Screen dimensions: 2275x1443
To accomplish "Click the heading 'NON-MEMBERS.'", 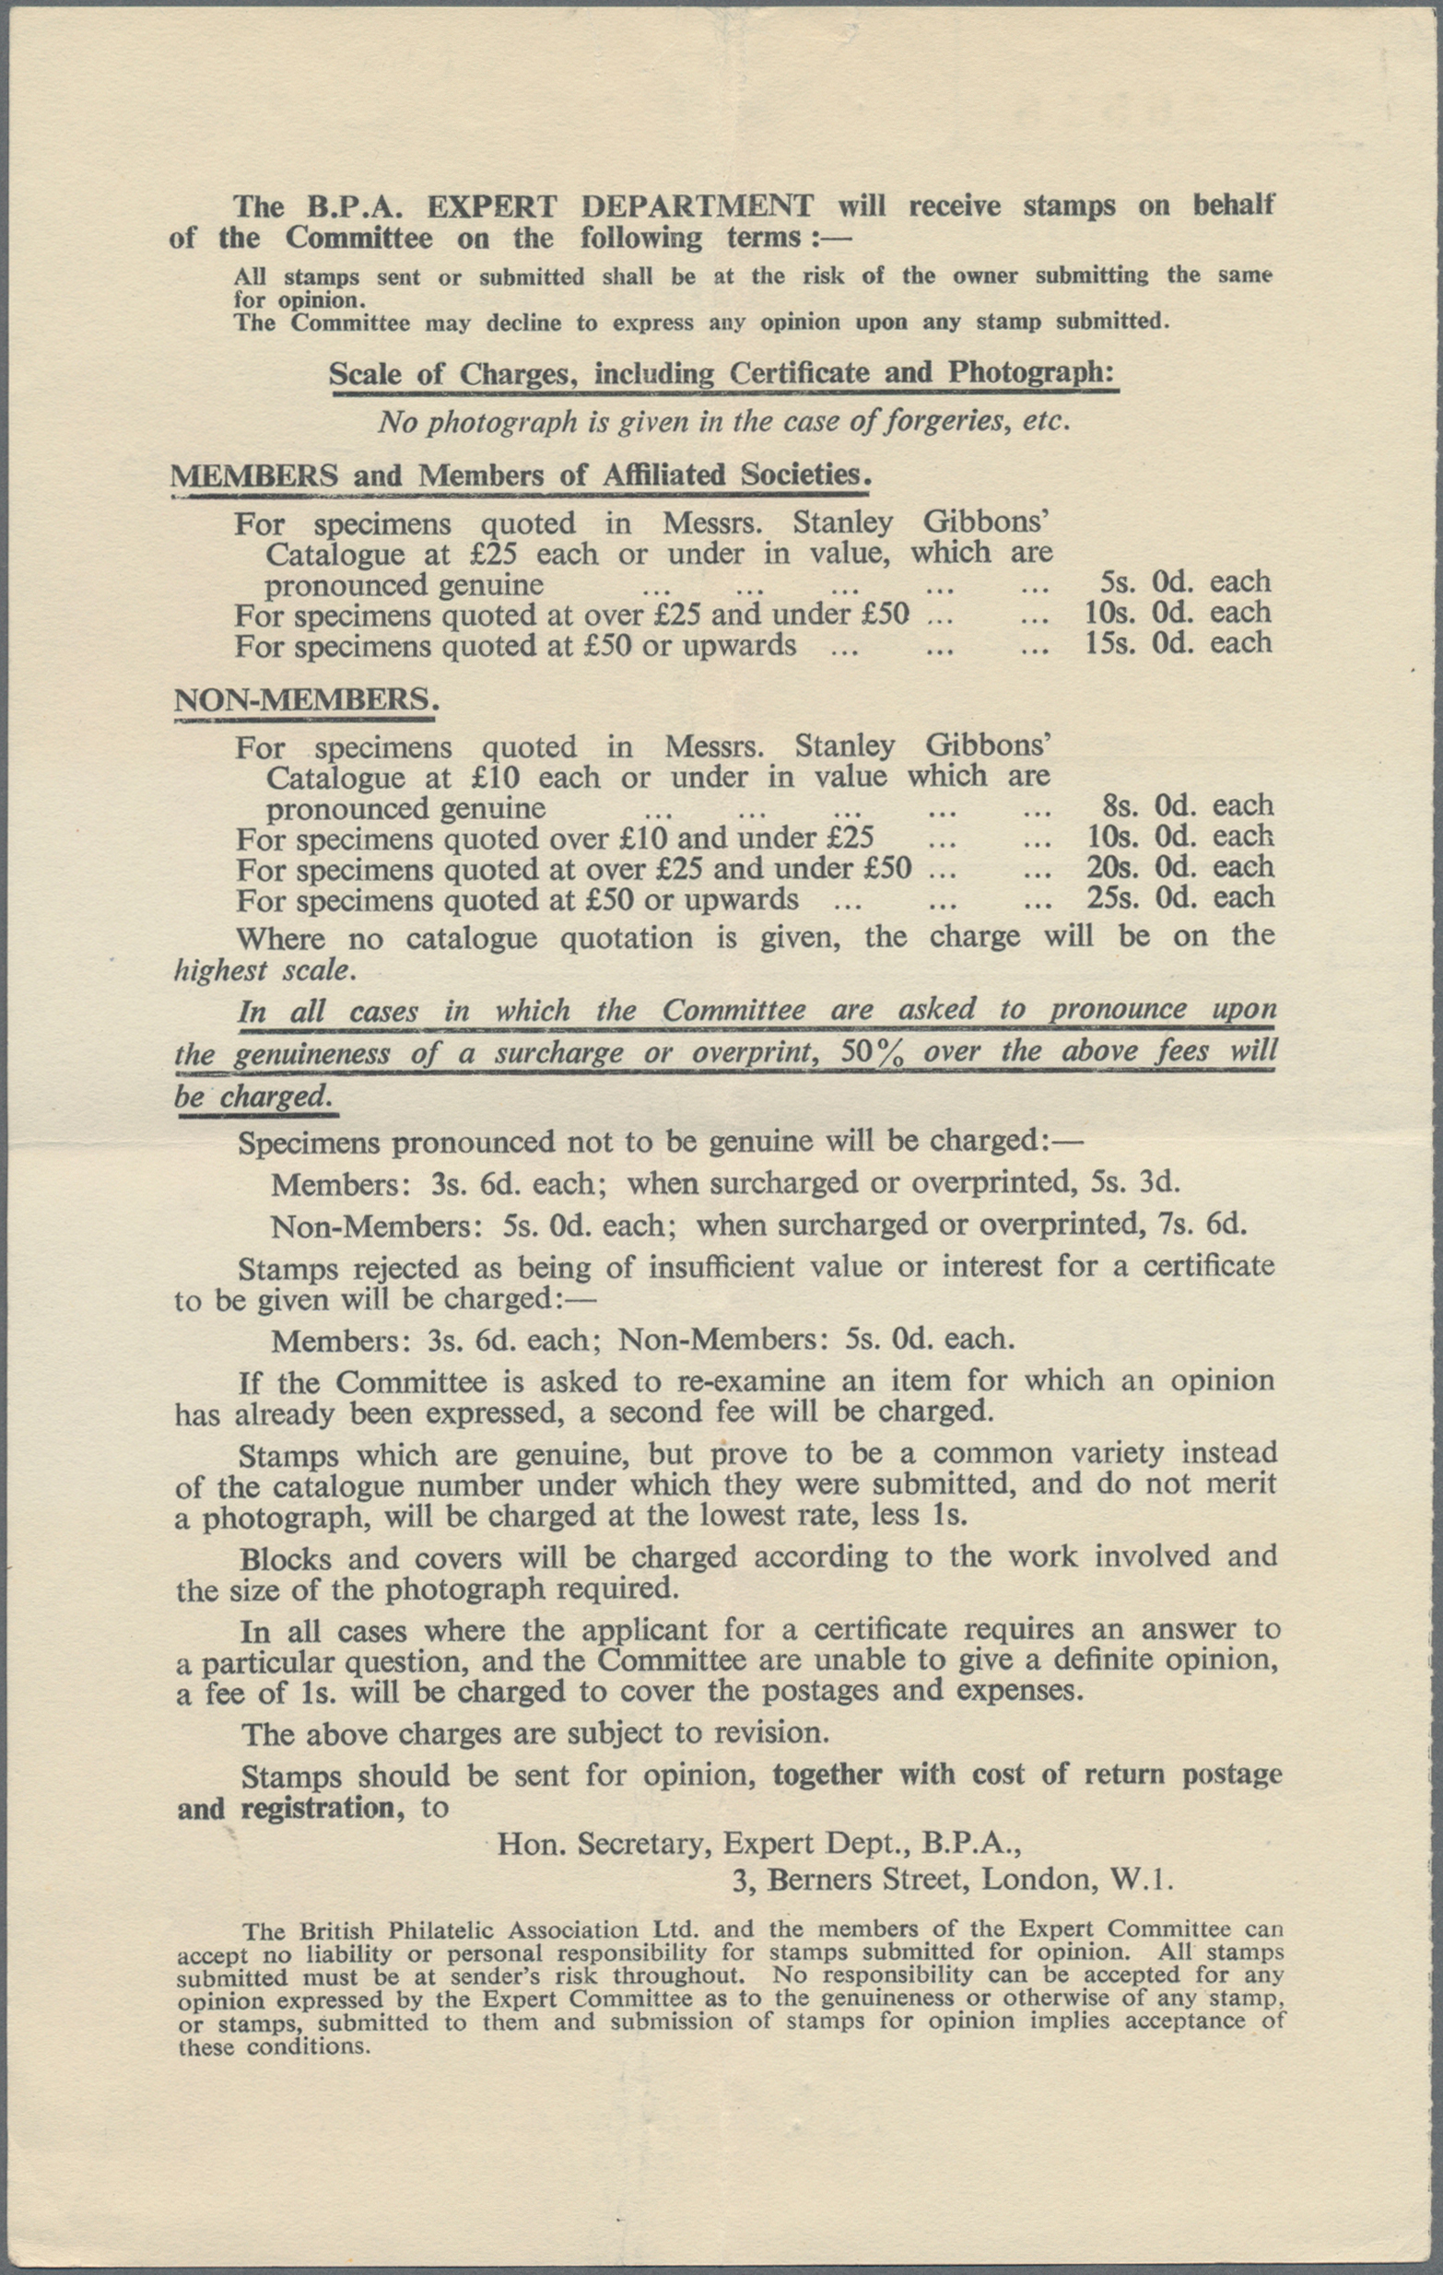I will click(x=307, y=700).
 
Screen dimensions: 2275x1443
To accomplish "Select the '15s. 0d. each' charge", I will click(x=1179, y=643).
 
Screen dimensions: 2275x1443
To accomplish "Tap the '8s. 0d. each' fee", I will click(x=1188, y=806).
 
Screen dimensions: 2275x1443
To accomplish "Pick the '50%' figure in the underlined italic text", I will click(x=873, y=1051).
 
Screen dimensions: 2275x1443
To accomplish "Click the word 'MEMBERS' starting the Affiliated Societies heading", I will click(x=253, y=475).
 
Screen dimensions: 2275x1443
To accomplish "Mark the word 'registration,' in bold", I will click(x=318, y=1807).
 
